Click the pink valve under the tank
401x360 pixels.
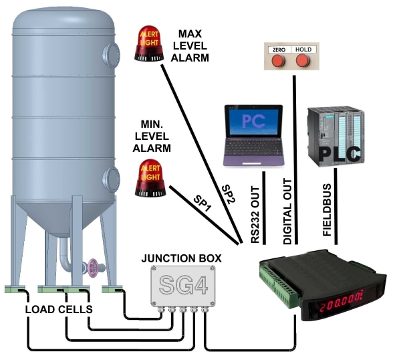[92, 268]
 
